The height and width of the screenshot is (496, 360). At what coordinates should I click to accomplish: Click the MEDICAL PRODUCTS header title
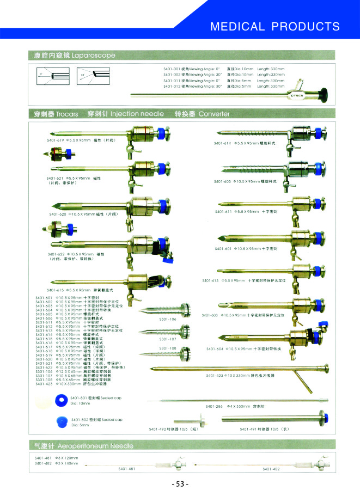[x=274, y=26]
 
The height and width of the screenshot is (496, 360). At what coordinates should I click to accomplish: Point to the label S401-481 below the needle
[x=126, y=469]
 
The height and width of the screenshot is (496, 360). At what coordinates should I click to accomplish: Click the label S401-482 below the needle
[x=271, y=469]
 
